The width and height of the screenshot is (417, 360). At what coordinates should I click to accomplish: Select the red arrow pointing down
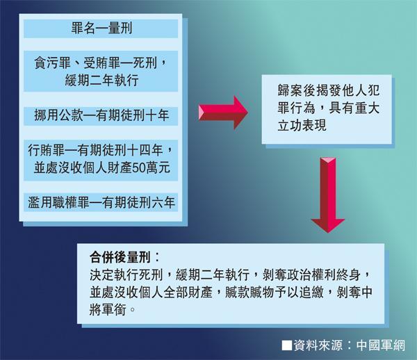[x=327, y=196]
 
